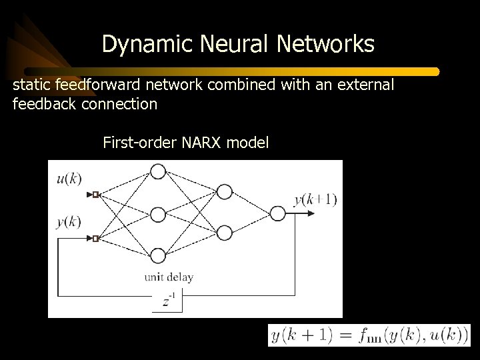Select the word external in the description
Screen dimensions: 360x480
point(364,86)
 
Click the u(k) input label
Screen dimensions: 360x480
point(68,178)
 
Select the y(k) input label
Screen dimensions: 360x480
point(68,222)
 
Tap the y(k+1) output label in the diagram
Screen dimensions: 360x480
point(316,199)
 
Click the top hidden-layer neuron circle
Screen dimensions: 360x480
point(157,171)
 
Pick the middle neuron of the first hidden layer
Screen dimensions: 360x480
point(157,214)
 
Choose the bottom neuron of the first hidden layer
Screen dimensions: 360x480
point(157,256)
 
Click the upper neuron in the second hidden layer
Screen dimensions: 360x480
point(225,193)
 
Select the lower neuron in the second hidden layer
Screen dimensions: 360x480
point(225,233)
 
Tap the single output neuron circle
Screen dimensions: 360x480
point(277,213)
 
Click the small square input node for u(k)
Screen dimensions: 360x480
point(95,195)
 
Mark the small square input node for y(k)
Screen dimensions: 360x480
point(95,238)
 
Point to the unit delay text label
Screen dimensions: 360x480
point(169,277)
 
